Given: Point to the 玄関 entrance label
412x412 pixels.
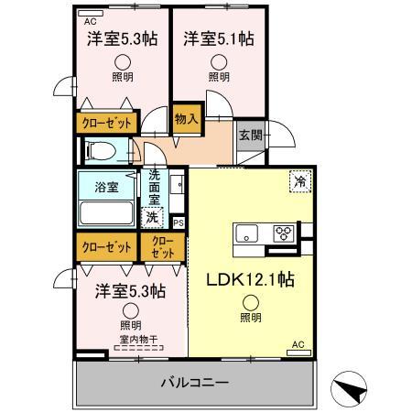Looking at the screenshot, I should coord(250,135).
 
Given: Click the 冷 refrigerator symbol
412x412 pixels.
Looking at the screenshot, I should coord(300,181).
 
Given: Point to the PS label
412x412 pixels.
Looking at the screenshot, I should coord(178,222).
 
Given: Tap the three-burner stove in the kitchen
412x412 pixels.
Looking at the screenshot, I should coord(285,233).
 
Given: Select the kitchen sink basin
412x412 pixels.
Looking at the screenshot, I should coord(247,233).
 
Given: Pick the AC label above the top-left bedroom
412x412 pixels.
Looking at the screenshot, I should coord(89,20).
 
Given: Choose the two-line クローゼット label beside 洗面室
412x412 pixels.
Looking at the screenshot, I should coord(162,246).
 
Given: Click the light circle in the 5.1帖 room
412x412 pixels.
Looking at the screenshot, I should coord(218,63).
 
